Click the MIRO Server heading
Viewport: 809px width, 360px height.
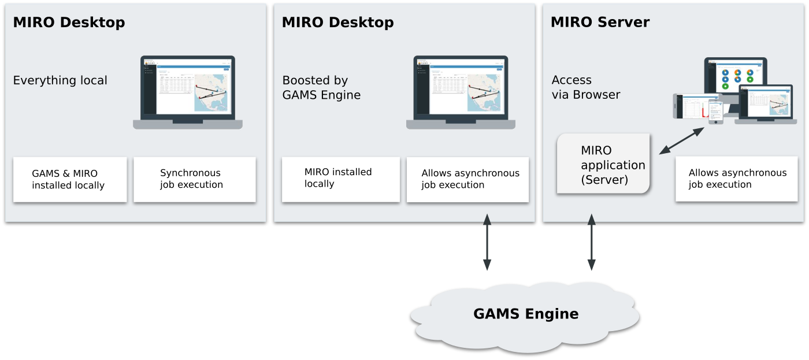pos(600,23)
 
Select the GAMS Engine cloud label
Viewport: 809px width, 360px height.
pos(525,314)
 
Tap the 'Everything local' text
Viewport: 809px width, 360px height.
pos(60,80)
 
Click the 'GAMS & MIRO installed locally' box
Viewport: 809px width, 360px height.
pos(69,180)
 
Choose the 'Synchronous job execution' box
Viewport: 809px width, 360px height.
pos(194,179)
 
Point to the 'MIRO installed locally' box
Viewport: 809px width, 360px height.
pos(340,179)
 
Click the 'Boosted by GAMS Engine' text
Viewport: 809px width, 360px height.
pos(321,88)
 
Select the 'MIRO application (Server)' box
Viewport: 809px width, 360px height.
pos(603,164)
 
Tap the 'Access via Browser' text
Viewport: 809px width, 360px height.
pos(585,87)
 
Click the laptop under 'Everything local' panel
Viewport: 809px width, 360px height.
pos(188,92)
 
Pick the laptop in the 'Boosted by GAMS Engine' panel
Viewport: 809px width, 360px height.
pos(461,92)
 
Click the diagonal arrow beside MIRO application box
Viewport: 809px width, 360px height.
pos(682,140)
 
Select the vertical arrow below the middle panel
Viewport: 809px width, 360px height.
pos(487,243)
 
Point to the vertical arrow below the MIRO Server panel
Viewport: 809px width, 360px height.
pos(591,243)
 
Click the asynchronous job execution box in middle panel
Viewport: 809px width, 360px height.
pos(467,179)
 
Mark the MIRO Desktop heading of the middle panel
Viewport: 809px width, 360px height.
pos(337,23)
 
